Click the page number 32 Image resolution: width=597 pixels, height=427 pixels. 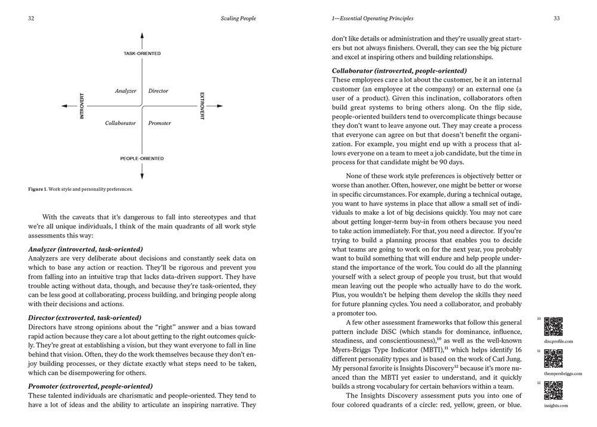point(30,19)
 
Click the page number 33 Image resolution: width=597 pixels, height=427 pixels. point(556,19)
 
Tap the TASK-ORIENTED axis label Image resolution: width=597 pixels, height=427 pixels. point(142,53)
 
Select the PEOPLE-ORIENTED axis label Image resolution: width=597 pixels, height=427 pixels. point(142,158)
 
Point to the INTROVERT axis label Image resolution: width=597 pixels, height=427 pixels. point(82,106)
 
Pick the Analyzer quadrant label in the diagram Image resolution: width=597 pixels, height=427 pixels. point(125,91)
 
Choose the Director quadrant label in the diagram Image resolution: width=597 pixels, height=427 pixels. point(158,91)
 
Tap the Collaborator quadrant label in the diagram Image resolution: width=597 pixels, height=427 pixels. point(121,123)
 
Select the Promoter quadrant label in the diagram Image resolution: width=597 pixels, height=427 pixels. point(159,123)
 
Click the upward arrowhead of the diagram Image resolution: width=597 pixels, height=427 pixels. point(142,36)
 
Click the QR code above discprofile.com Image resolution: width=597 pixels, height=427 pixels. point(554,327)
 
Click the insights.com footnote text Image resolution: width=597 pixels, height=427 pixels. point(556,405)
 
